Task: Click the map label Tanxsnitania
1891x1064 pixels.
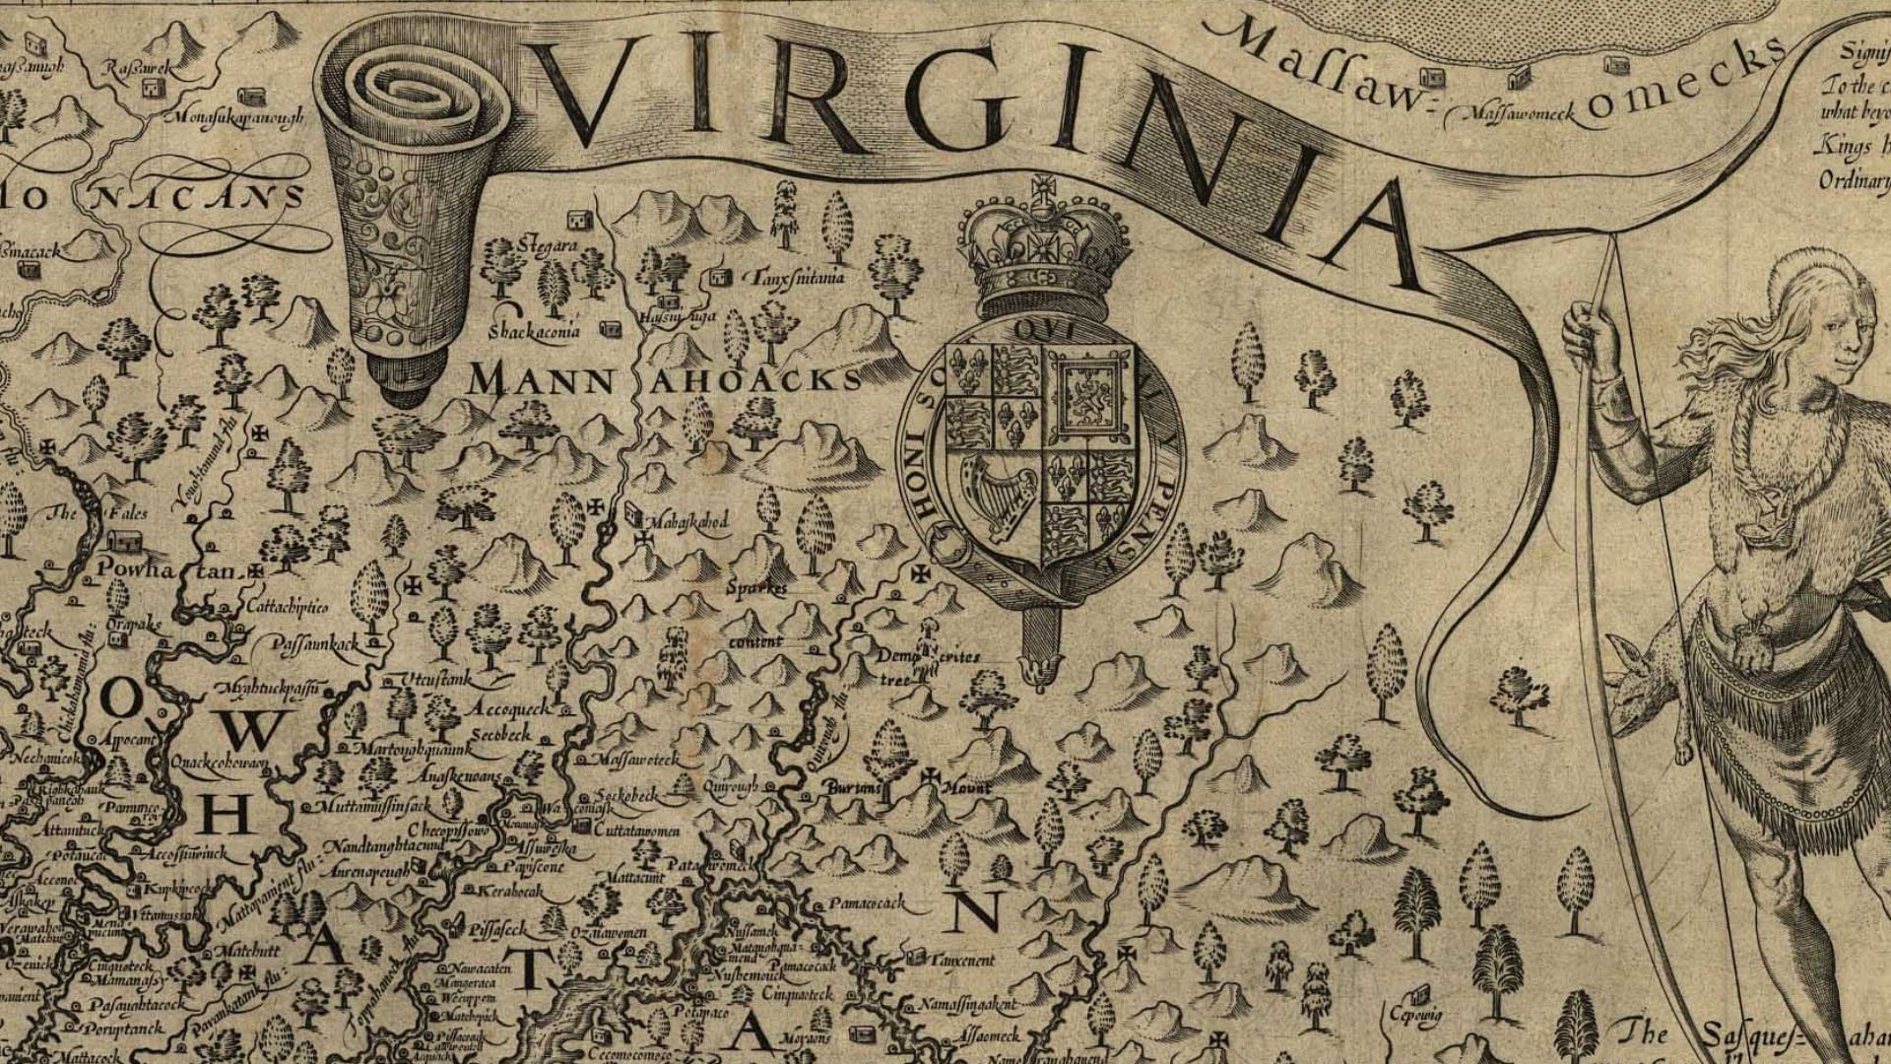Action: click(798, 279)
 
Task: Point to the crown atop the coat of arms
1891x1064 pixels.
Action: click(1042, 246)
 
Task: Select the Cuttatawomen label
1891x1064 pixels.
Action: click(636, 831)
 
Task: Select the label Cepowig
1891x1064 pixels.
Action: click(1415, 1014)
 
